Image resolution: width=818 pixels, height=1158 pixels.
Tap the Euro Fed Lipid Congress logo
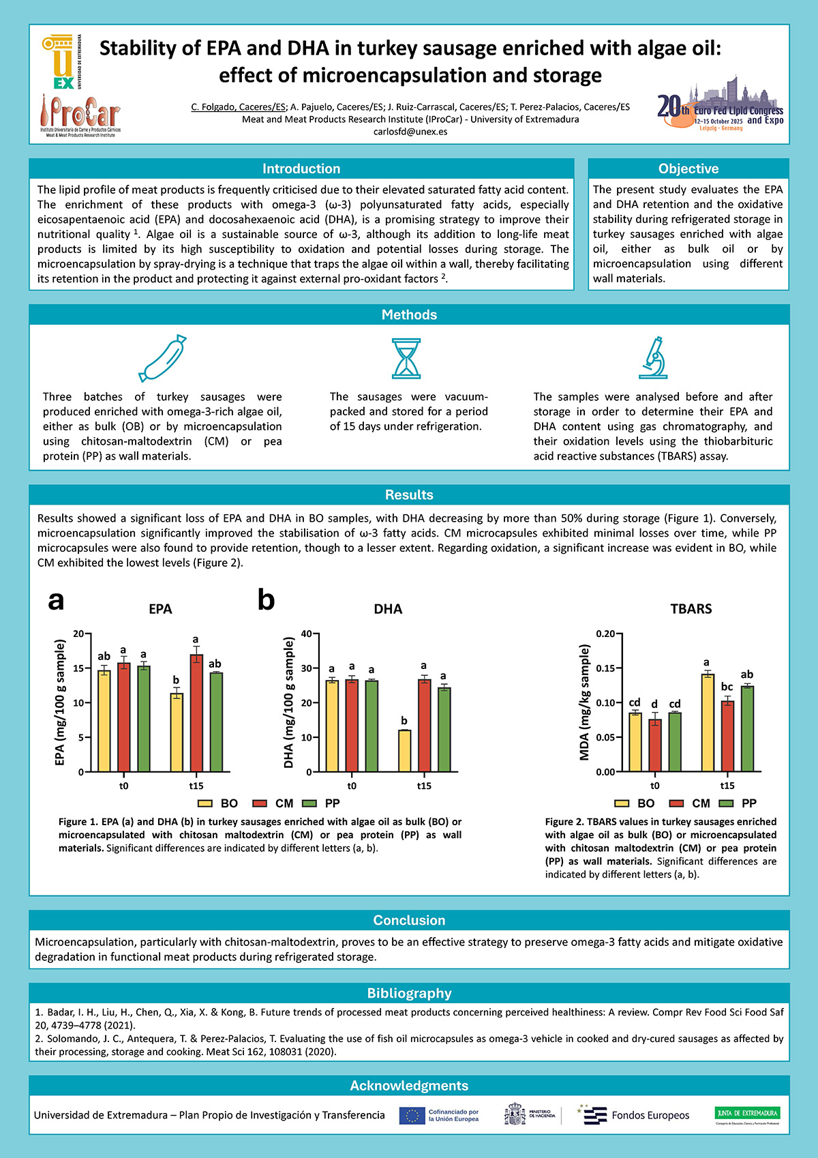(x=720, y=106)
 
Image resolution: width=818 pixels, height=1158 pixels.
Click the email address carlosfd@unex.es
(x=410, y=132)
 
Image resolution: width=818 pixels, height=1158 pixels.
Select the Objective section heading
(x=688, y=168)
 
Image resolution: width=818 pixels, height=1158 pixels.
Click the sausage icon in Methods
(x=162, y=359)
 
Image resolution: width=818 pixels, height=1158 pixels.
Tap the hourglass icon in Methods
(x=406, y=359)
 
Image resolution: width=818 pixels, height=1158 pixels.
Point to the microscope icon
(x=654, y=357)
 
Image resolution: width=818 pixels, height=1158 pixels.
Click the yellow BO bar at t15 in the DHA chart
(x=404, y=751)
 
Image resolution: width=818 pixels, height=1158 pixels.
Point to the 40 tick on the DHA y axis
(x=305, y=634)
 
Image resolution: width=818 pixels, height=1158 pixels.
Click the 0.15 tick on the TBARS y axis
(x=605, y=668)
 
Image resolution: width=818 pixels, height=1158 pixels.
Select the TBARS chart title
(x=691, y=609)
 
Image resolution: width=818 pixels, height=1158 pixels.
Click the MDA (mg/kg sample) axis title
(x=584, y=702)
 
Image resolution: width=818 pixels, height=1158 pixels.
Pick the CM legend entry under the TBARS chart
(x=693, y=803)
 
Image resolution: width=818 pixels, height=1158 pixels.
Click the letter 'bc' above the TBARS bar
(x=727, y=687)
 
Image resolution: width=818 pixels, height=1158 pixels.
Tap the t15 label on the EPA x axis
(x=196, y=786)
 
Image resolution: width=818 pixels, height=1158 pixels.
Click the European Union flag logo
(x=412, y=1115)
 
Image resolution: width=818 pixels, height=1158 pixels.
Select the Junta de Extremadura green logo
(x=747, y=1115)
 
